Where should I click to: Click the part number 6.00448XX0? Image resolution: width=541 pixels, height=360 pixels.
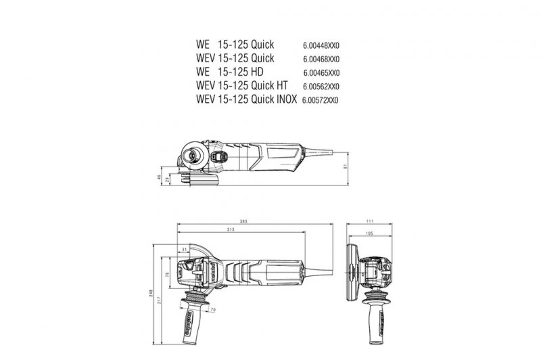point(321,46)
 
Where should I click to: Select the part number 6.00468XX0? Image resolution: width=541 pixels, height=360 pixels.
point(321,60)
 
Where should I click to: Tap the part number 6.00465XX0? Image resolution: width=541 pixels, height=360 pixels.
point(321,73)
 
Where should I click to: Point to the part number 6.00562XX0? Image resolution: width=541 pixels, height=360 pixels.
point(321,87)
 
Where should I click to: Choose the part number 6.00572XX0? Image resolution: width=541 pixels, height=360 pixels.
point(320,100)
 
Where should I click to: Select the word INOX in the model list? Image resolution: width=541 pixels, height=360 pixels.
point(285,99)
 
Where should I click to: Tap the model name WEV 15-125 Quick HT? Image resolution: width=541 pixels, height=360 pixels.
point(243,86)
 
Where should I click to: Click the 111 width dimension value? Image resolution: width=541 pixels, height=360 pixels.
point(369,221)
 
